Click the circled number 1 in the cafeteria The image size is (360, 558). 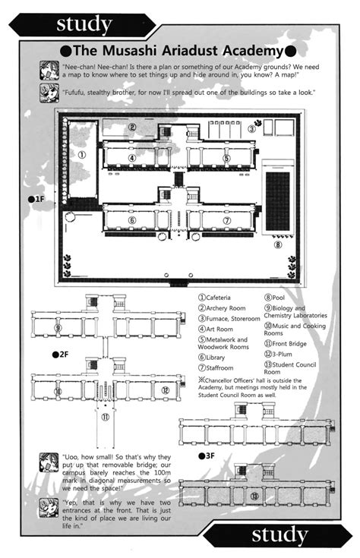click(82, 155)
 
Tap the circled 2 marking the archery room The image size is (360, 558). click(131, 127)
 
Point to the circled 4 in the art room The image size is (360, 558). click(131, 158)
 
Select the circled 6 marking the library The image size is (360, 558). click(131, 220)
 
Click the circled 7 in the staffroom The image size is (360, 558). click(227, 220)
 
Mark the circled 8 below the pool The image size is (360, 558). click(278, 244)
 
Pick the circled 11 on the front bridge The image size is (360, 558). click(105, 417)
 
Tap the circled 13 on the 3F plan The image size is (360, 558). click(254, 496)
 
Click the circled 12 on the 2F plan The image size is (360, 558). click(166, 390)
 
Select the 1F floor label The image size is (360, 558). click(36, 199)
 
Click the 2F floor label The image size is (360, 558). click(60, 355)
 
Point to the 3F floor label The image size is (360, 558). click(207, 456)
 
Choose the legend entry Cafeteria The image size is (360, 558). click(214, 298)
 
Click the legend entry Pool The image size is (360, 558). click(274, 298)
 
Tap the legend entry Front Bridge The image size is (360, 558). click(286, 344)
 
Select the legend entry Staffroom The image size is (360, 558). click(216, 368)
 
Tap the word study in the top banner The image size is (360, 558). click(84, 24)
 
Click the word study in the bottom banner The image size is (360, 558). click(280, 535)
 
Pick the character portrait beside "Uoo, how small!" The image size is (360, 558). click(49, 462)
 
